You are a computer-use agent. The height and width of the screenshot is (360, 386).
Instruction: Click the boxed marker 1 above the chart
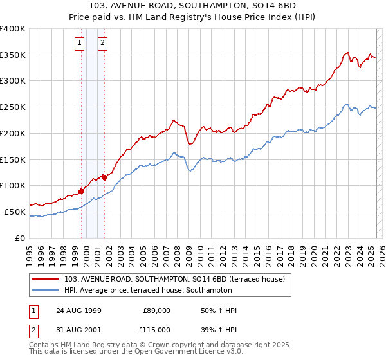coord(80,44)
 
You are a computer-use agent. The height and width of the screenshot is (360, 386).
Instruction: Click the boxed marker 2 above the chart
coord(102,44)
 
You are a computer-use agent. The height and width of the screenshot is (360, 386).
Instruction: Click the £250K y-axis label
coord(13,107)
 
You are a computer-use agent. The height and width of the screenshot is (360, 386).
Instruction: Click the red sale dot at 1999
coord(82,191)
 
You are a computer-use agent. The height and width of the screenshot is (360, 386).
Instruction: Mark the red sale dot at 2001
coord(104,177)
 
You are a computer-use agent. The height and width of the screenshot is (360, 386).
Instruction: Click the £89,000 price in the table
coord(155,310)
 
